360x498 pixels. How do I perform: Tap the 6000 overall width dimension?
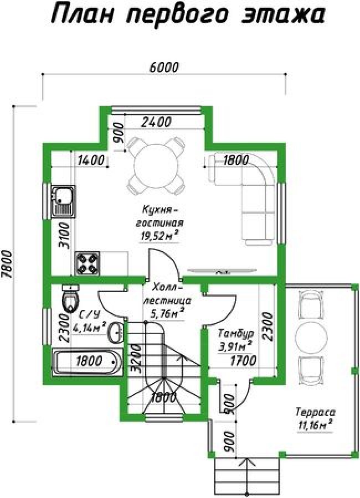pos(164,67)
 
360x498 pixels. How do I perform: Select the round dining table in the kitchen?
pos(156,167)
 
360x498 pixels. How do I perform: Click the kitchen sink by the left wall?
pos(63,201)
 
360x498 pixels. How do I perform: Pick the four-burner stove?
pos(87,263)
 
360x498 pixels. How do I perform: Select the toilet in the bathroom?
pos(70,298)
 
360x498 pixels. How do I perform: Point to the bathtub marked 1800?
pos(87,362)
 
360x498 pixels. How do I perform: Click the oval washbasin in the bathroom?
pos(116,333)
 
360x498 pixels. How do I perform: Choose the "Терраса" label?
pos(315,412)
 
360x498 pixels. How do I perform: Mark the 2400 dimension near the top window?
pos(156,122)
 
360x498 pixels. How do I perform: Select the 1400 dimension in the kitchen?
pos(91,160)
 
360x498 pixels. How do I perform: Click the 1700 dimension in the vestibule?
pos(243,361)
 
